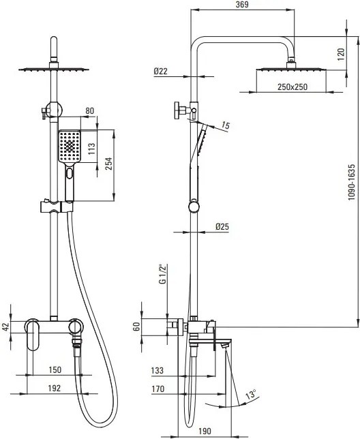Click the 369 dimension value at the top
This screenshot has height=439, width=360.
tap(242, 5)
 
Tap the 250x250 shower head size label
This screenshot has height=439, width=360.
tap(292, 87)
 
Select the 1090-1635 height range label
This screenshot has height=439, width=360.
tap(351, 182)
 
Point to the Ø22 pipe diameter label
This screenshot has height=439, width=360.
tap(160, 72)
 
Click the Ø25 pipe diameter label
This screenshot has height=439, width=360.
tap(222, 226)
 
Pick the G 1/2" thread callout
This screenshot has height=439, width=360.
tap(163, 274)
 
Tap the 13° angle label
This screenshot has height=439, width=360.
tap(251, 395)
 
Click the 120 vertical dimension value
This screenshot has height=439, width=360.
tap(341, 55)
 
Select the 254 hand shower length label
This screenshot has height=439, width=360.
tap(108, 164)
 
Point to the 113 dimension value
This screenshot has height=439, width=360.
tap(92, 149)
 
